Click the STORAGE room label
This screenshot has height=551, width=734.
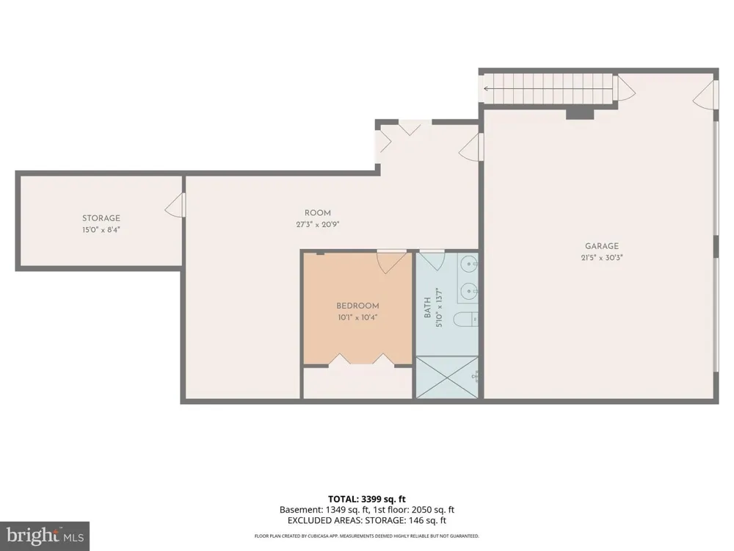101,218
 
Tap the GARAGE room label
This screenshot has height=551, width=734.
602,246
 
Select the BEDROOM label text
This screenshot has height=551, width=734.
357,306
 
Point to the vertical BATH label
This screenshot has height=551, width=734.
427,308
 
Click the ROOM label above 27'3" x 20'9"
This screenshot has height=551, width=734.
317,213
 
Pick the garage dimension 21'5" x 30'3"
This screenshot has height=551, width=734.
602,257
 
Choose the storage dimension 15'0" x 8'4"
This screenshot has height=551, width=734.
101,229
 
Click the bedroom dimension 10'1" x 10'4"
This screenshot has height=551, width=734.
357,317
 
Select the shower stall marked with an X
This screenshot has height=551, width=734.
447,378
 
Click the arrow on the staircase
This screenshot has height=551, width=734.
548,88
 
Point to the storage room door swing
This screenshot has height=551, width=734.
175,206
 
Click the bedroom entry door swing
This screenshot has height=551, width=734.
392,262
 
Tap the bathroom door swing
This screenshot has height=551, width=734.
432,261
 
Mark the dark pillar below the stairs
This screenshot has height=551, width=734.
580,113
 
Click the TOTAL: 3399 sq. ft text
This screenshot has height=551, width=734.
366,499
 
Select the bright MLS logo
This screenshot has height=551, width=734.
45,536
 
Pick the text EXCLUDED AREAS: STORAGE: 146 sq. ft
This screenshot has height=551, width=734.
366,521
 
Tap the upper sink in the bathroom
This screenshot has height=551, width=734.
468,264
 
